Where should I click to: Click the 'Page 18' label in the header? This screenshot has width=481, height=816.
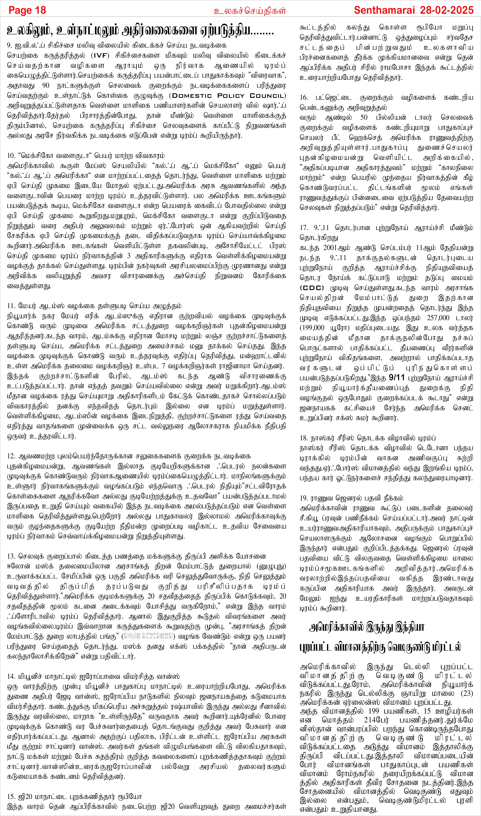point(27,10)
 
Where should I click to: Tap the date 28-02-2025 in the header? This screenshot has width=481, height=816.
point(447,10)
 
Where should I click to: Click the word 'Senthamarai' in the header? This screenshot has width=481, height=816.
point(384,10)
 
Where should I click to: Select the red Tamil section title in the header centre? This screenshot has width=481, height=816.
point(250,11)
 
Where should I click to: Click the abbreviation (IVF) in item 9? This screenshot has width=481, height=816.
point(101,55)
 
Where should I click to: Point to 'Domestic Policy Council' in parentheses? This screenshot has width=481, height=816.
point(229,96)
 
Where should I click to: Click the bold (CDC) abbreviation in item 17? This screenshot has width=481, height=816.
point(312,288)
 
